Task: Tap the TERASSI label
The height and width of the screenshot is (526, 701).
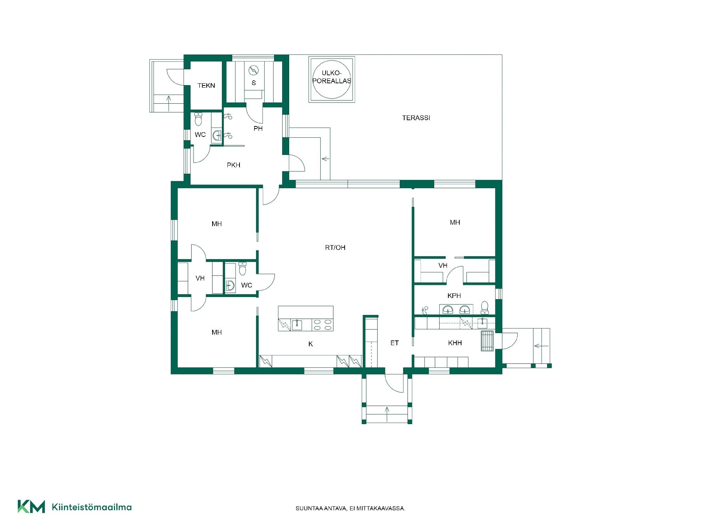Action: point(416,118)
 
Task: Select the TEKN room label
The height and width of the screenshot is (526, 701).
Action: point(206,85)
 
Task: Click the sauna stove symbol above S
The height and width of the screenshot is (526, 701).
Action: point(253,70)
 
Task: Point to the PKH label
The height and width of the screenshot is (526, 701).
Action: point(234,165)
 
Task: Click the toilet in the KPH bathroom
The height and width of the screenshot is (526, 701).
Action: point(485,308)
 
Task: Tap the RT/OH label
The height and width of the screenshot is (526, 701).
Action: point(335,248)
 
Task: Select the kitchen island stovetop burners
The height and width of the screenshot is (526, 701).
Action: point(323,325)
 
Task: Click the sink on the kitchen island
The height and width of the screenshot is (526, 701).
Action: point(297,324)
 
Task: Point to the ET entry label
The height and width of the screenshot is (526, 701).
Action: point(395,343)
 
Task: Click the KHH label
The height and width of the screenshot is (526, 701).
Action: point(455,343)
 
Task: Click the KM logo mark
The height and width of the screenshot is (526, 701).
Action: point(31,506)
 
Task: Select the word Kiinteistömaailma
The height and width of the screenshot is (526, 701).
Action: point(92,507)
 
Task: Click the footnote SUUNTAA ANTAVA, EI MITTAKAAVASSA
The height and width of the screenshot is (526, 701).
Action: point(350,508)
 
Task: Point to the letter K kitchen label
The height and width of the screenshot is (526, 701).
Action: point(311,344)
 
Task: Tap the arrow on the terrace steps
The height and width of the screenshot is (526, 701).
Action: point(325,159)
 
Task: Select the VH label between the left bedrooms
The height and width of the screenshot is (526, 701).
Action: point(200,278)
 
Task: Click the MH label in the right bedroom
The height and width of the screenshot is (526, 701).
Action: point(455,222)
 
